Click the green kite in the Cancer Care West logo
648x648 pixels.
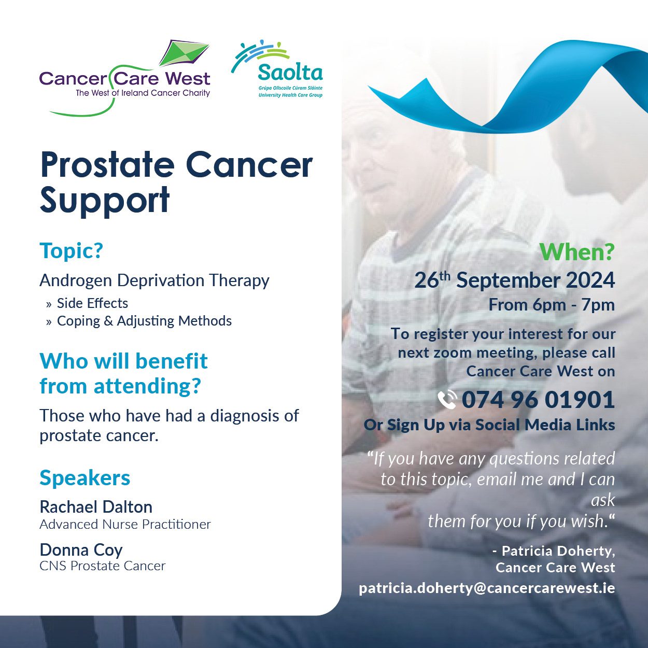tap(184, 53)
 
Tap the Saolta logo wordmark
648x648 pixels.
tap(290, 72)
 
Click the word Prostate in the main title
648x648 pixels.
tap(107, 165)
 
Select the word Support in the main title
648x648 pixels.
tap(105, 201)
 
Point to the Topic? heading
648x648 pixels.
tap(72, 250)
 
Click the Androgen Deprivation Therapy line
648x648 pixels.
tap(154, 280)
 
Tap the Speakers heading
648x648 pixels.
tap(84, 478)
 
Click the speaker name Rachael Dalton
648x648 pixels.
tap(96, 507)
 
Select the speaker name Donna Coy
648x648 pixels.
tap(81, 550)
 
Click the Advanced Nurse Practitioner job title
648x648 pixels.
tap(125, 524)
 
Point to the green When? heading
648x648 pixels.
tap(577, 252)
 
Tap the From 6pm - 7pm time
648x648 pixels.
tap(552, 305)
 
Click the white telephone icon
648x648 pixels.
tap(447, 400)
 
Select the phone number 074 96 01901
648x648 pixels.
tap(539, 400)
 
